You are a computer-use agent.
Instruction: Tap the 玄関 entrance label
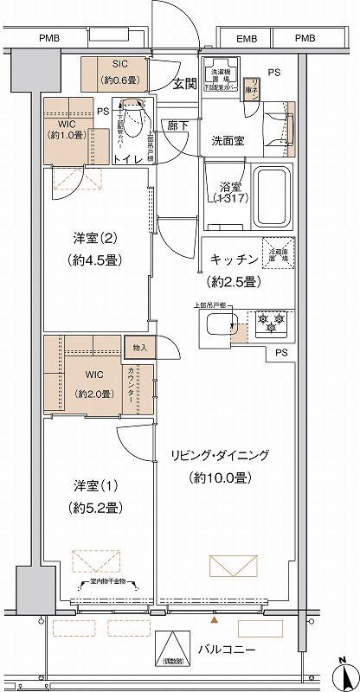point(183,84)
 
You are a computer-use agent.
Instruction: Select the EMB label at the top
point(247,39)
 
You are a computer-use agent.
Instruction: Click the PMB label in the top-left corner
point(49,39)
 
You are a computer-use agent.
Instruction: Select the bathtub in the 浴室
point(273,195)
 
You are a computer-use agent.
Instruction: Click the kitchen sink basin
point(221,327)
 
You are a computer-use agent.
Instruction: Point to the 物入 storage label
point(141,348)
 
